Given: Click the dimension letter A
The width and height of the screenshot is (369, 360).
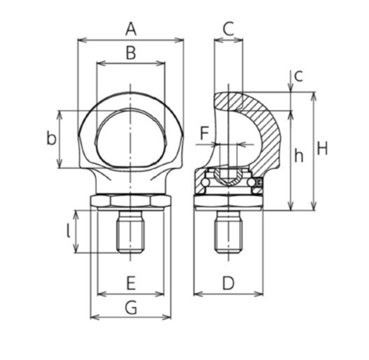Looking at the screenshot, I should point(130,29).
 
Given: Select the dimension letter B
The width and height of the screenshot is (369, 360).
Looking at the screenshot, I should point(130,53).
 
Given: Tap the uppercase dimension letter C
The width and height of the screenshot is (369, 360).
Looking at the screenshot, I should point(229,29).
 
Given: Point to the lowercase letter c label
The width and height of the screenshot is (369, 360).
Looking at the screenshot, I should point(298,75).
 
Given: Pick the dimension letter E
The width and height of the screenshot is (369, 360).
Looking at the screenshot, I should point(130,283).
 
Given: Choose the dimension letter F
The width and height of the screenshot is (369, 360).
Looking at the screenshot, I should point(203,133).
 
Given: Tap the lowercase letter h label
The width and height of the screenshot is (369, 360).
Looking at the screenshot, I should point(299,156).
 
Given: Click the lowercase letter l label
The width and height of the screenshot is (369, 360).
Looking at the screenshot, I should point(68,231).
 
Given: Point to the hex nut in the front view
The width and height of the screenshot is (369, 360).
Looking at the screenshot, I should point(130,200).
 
